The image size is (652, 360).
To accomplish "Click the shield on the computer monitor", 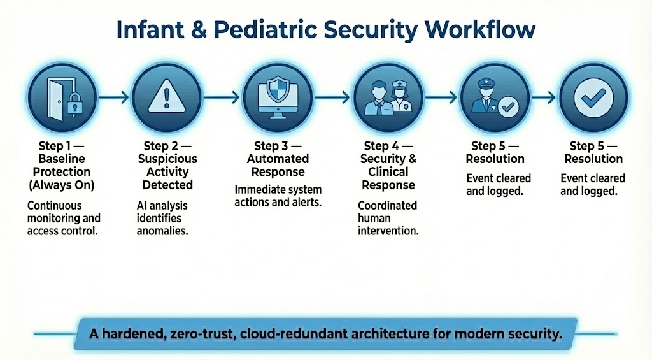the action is pos(278,89).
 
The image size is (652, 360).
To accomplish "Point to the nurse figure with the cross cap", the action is pos(400,97).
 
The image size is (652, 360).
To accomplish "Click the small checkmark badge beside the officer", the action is pos(508,108).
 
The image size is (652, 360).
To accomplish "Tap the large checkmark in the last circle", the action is pos(593,97).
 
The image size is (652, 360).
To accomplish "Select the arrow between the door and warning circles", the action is pos(114,97).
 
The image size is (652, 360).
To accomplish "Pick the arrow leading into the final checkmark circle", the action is pos(544,97).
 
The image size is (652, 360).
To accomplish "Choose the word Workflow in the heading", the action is pos(480,30).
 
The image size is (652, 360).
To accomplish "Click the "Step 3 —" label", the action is pos(278,146).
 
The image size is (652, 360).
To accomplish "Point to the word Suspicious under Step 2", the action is pos(167,159).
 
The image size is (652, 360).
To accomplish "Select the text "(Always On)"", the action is pos(62,185).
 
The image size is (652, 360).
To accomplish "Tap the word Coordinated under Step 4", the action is pos(388,206).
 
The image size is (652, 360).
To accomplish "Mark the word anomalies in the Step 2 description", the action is pos(162,231).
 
